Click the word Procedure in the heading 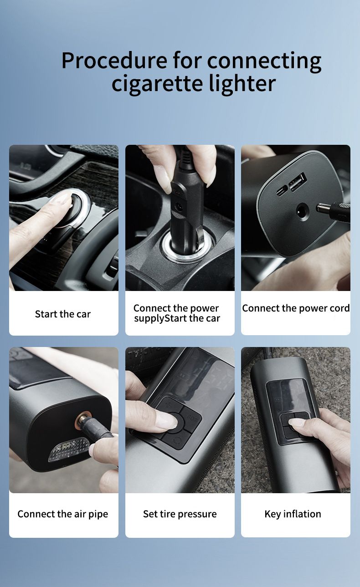[114, 61]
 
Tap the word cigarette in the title [157, 84]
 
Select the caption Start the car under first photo [63, 314]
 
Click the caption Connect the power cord [296, 308]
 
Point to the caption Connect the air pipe [63, 514]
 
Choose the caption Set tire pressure [180, 514]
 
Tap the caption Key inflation [293, 514]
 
